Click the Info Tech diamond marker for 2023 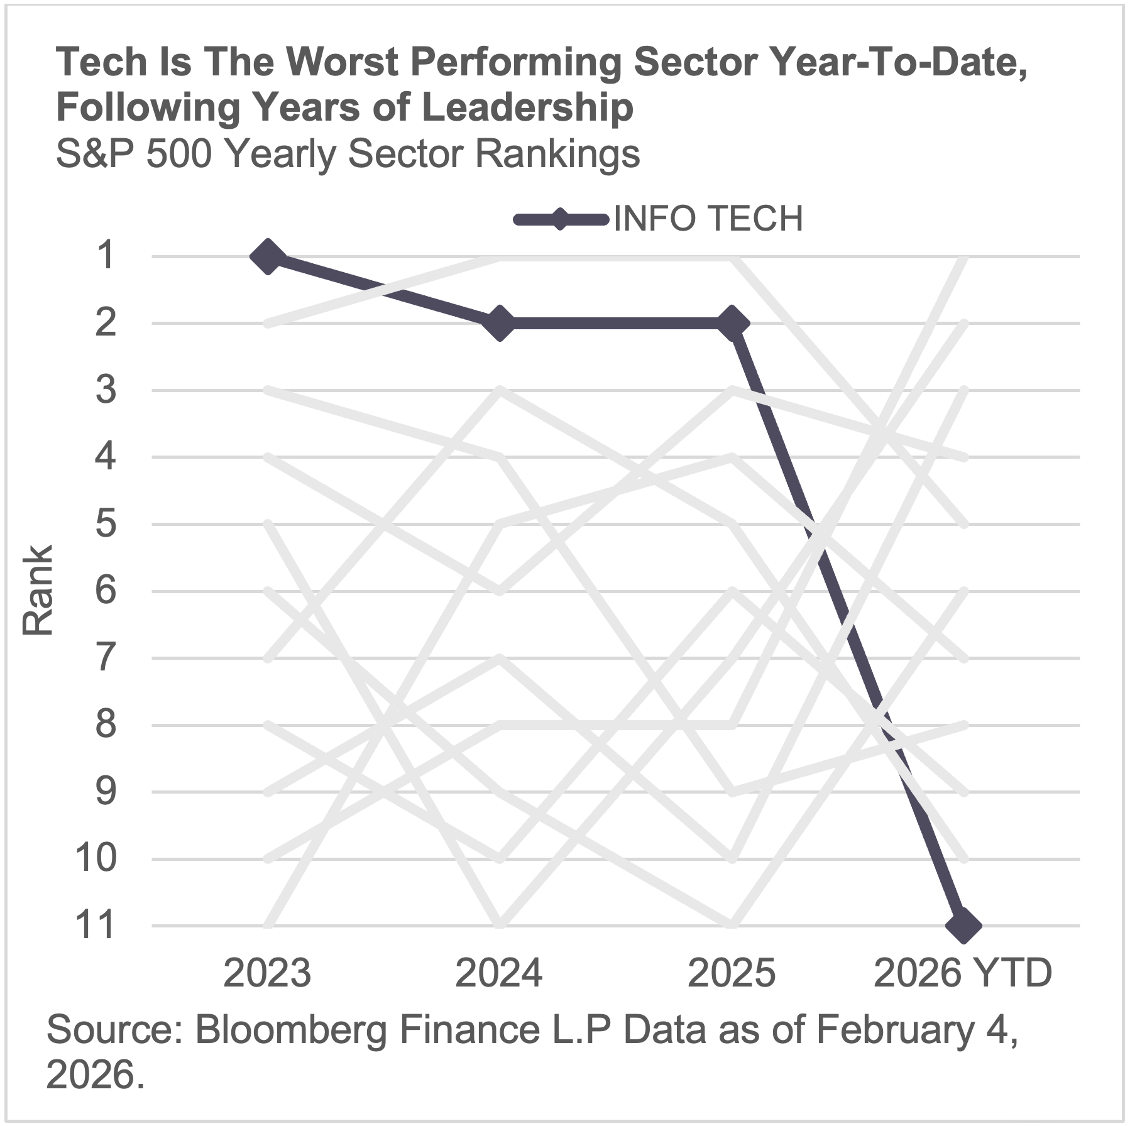click(268, 256)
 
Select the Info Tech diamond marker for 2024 click(500, 324)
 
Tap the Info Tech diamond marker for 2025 click(732, 324)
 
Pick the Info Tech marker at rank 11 click(963, 926)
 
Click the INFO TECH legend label click(708, 219)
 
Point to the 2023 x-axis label click(267, 973)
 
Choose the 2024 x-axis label click(498, 973)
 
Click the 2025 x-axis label click(731, 973)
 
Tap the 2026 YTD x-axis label click(962, 973)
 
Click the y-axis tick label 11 click(96, 926)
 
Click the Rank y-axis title click(38, 591)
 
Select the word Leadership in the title click(527, 107)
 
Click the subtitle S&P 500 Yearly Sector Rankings click(348, 154)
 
